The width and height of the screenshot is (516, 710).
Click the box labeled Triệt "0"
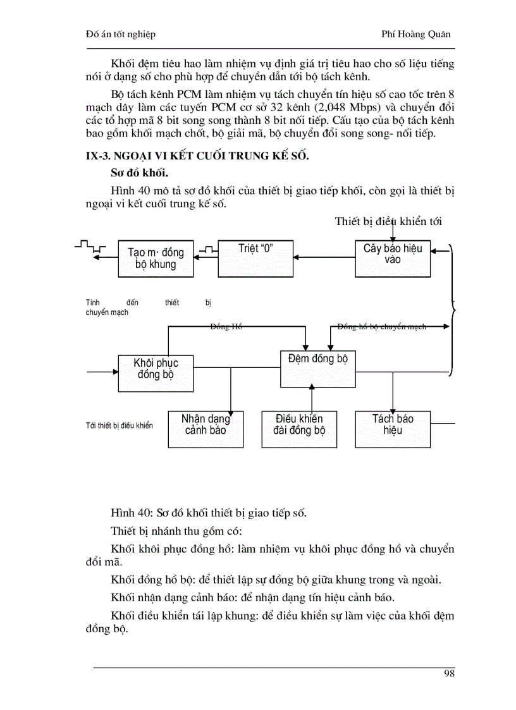256,257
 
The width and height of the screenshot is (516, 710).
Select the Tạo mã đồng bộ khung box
155,259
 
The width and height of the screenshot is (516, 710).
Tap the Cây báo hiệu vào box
393,258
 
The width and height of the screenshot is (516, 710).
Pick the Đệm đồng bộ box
317,368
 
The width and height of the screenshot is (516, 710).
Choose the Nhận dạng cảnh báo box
206,429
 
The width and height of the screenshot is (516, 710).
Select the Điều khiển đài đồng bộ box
299,429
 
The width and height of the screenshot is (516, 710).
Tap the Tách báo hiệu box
393,429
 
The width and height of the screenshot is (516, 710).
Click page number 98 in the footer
449,673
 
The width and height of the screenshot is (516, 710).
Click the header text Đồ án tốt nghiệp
120,34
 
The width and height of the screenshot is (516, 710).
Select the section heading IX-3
197,156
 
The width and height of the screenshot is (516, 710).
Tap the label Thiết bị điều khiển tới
388,221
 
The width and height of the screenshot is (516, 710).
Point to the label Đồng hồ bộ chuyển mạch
381,327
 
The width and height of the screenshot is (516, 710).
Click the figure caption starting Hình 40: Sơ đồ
209,513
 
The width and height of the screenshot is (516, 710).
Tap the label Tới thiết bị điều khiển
119,425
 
